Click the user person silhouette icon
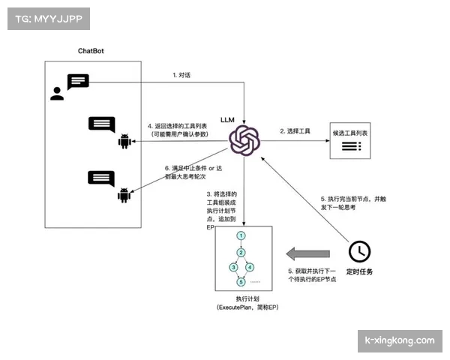coord(57,94)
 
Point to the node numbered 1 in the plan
coord(241,235)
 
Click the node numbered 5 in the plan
coord(241,282)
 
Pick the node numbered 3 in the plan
coord(233,267)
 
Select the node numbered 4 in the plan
coord(250,267)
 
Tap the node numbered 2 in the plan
coord(241,251)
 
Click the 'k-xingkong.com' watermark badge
coord(399,340)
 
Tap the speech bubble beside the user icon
coord(78,82)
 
